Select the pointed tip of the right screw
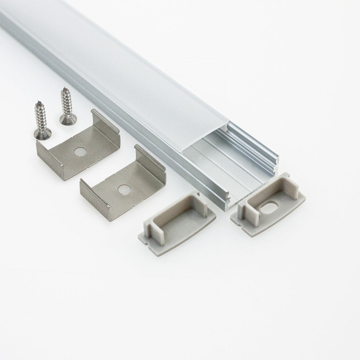64,89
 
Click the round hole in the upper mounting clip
78,152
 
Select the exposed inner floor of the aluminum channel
230,169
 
